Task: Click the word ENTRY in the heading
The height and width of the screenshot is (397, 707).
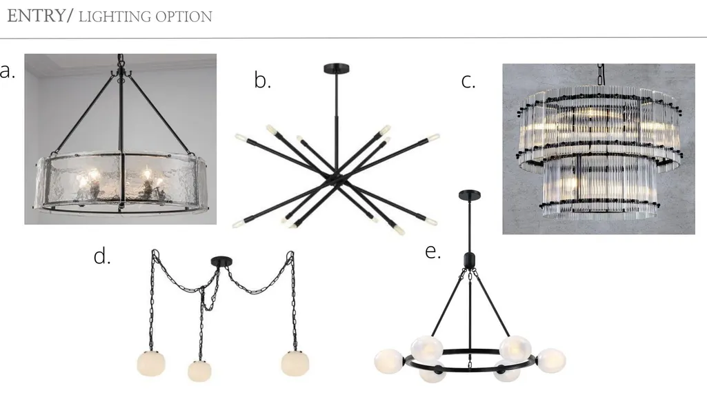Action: click(36, 16)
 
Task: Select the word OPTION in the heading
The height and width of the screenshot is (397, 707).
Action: click(184, 17)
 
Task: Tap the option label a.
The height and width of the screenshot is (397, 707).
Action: click(7, 71)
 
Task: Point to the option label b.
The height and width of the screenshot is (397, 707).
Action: click(262, 80)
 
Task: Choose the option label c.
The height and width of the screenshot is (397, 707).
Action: click(468, 81)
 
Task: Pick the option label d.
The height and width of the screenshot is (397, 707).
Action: click(102, 256)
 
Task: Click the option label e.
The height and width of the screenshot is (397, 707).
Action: click(433, 252)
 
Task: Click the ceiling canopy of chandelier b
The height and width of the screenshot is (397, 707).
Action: click(337, 69)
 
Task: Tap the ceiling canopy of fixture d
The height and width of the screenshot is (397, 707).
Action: click(221, 261)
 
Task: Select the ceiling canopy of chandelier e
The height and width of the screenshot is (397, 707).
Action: click(470, 195)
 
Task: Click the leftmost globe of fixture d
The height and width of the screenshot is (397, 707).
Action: click(151, 363)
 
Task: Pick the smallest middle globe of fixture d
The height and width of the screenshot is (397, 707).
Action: click(199, 370)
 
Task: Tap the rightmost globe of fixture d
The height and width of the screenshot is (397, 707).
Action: click(295, 363)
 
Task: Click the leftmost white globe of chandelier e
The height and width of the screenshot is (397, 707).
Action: click(390, 361)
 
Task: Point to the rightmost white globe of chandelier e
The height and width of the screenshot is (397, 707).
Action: click(551, 360)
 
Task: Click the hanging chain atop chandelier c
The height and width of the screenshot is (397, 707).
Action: click(601, 74)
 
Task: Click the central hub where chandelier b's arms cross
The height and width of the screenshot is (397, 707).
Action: click(336, 177)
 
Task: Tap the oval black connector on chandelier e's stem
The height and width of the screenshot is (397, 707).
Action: click(470, 261)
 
